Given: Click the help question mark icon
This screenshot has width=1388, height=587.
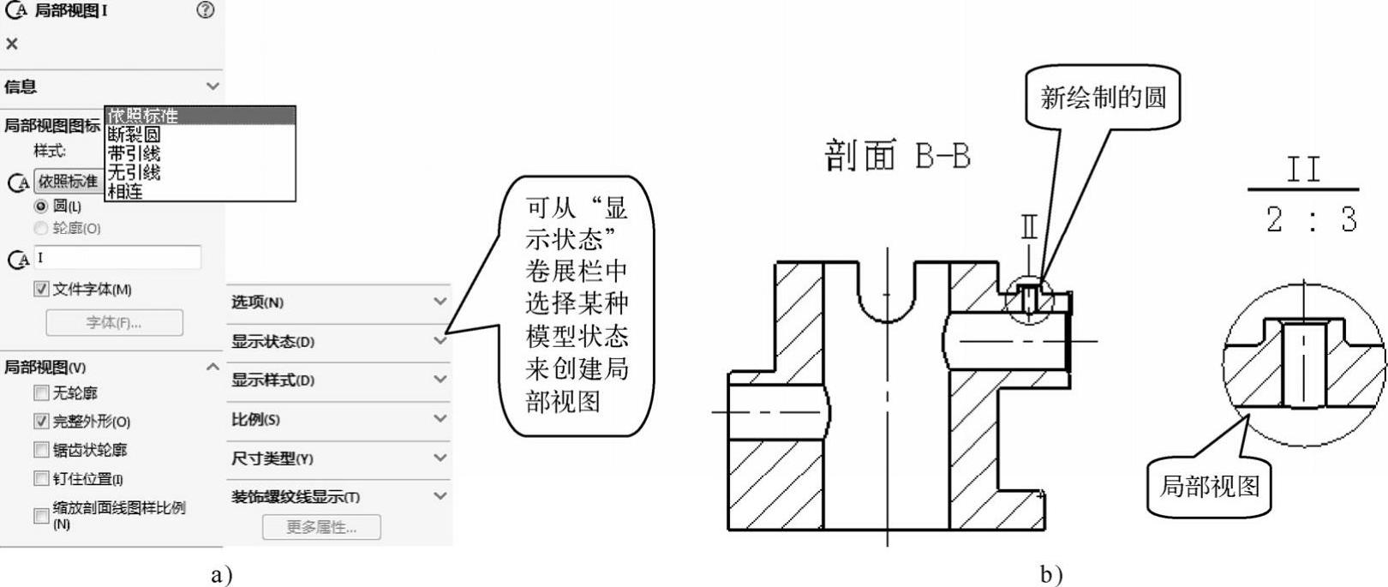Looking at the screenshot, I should pyautogui.click(x=205, y=11).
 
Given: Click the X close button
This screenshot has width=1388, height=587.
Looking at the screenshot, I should pyautogui.click(x=12, y=44).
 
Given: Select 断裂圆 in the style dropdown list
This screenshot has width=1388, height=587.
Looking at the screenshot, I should pyautogui.click(x=135, y=135).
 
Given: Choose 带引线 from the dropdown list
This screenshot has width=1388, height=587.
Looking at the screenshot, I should pyautogui.click(x=135, y=153).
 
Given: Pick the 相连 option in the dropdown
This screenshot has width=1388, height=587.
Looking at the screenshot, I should pyautogui.click(x=126, y=192).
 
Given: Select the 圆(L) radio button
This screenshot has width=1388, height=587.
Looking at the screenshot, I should pyautogui.click(x=40, y=207).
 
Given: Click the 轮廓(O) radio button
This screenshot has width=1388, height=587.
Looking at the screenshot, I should pyautogui.click(x=40, y=229).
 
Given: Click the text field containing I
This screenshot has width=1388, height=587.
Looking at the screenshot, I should pyautogui.click(x=117, y=257).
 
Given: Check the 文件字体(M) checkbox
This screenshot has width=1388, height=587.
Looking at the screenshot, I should pyautogui.click(x=41, y=290).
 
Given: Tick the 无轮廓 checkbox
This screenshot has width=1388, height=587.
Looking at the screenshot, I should pyautogui.click(x=41, y=393).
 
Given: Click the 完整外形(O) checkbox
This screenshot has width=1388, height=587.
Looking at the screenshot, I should pyautogui.click(x=41, y=422).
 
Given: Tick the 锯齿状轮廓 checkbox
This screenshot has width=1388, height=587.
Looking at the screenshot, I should pyautogui.click(x=41, y=450).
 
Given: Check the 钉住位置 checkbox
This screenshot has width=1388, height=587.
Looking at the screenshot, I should pyautogui.click(x=41, y=478).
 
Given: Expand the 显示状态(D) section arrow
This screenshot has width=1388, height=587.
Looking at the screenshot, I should pyautogui.click(x=440, y=341).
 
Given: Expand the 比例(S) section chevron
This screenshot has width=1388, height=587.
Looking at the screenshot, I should pyautogui.click(x=440, y=419).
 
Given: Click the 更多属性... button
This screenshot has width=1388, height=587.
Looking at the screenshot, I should pyautogui.click(x=321, y=527).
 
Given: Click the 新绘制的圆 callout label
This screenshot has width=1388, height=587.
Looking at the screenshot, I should pyautogui.click(x=1103, y=98).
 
